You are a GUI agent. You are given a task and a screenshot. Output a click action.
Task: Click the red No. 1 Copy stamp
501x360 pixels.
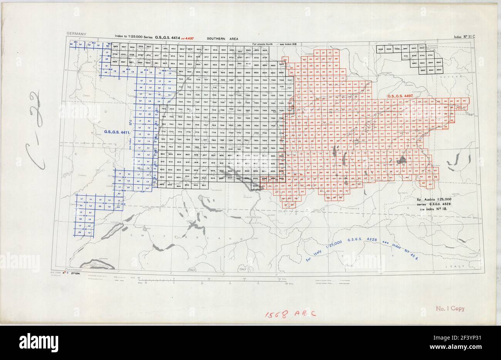coord(450,308)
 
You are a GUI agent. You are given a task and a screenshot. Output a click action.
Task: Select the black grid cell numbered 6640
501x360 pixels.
coord(397,49)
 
